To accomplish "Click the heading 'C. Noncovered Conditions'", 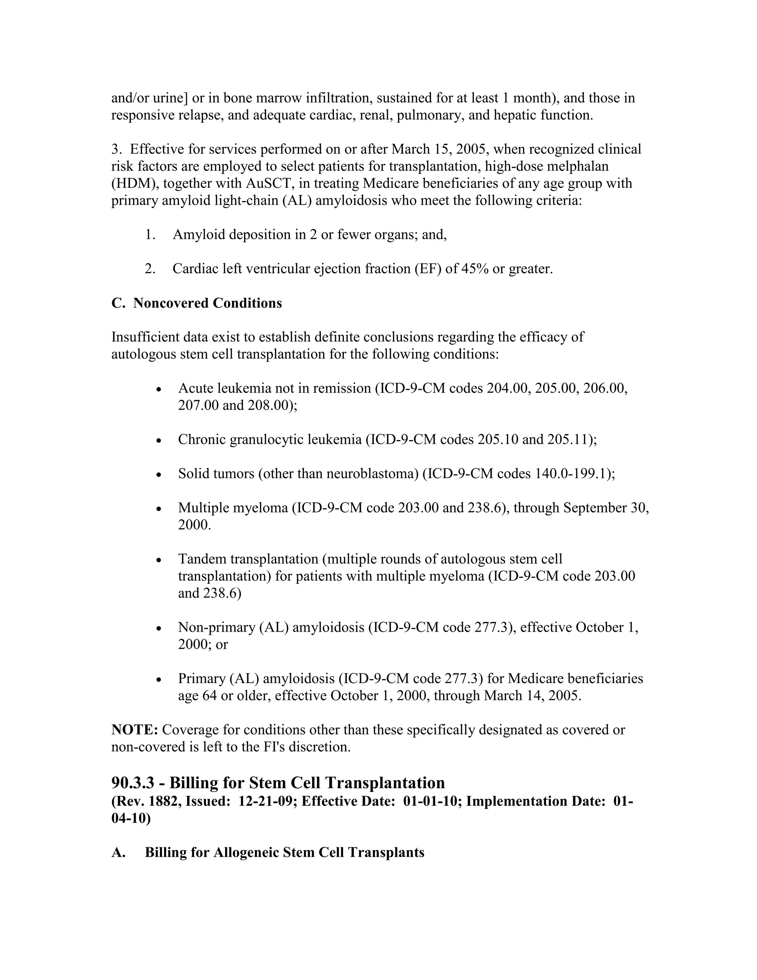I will click(x=196, y=303).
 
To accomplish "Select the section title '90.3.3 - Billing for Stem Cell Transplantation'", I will click(x=278, y=783).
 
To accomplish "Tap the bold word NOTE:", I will click(x=135, y=730).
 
